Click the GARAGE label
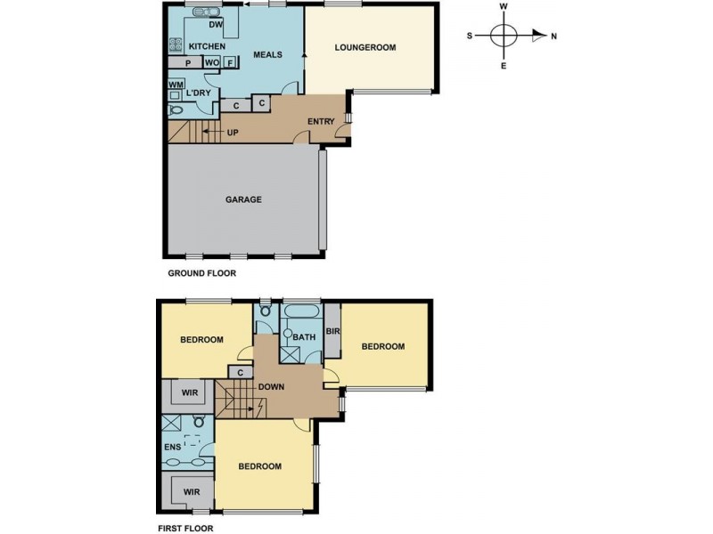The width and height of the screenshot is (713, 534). point(242,199)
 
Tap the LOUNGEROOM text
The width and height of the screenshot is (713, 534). point(365,47)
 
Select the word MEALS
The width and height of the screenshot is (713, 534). point(267,54)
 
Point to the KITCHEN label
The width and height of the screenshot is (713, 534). point(206,46)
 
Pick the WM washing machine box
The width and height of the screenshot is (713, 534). point(176,85)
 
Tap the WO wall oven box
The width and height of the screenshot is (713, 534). point(211,63)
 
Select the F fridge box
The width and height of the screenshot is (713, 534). point(229,63)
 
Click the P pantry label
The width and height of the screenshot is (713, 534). point(188,63)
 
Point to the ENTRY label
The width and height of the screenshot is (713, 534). point(320,122)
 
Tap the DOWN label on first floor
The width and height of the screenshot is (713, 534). point(271,387)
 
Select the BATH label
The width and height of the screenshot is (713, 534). point(304,337)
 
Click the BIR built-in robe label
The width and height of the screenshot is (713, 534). point(332,330)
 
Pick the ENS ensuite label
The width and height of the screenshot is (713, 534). point(171,447)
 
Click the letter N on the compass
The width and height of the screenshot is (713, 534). point(553,36)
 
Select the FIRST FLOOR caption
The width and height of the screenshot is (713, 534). point(184,527)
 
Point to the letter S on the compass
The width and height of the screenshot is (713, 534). point(470,36)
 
